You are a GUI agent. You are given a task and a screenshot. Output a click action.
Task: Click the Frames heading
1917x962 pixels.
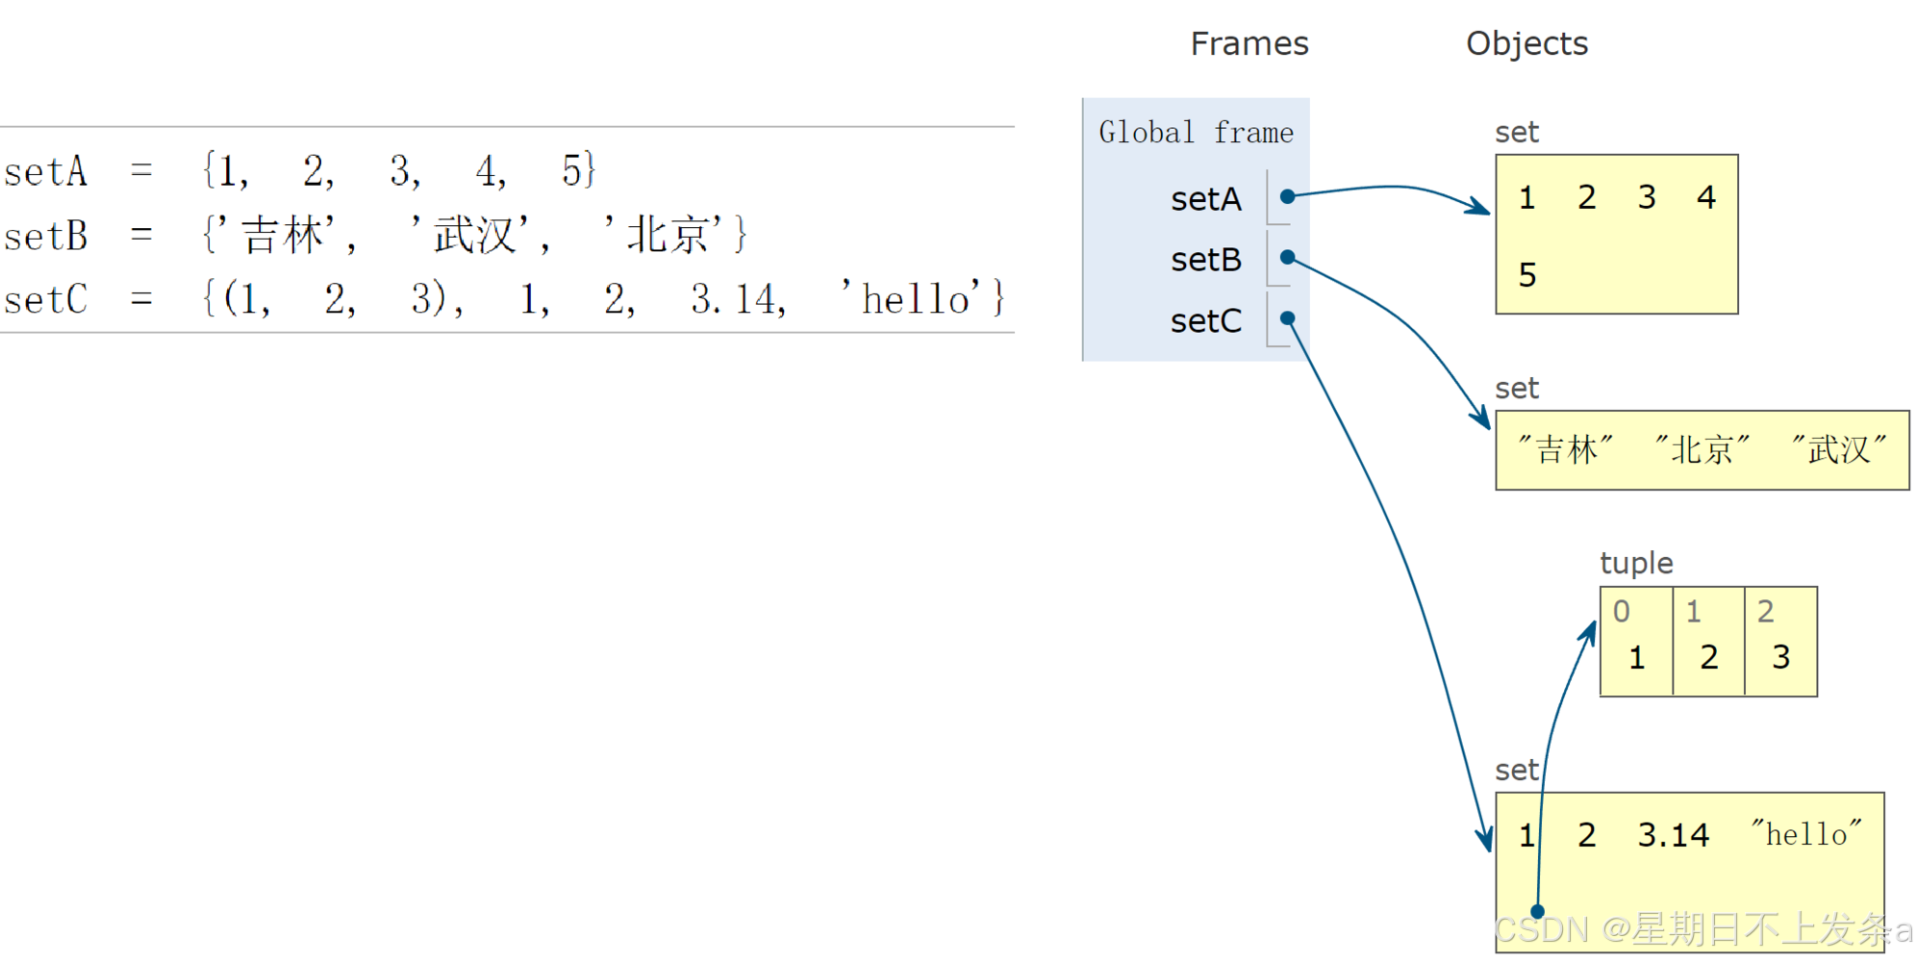[1249, 44]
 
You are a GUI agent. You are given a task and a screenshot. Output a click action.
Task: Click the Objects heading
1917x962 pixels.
[1526, 44]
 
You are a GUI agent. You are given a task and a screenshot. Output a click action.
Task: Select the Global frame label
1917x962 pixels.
[1196, 133]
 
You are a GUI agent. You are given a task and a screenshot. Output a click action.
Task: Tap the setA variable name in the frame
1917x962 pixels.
[1205, 199]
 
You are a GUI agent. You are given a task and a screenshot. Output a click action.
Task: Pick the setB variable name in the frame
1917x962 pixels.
[1205, 260]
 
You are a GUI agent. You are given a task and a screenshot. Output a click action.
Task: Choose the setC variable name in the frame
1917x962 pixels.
[1205, 321]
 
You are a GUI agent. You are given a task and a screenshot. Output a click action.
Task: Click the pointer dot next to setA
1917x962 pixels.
[1287, 196]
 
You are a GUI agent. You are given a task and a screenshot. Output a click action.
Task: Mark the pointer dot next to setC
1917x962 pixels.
[1287, 318]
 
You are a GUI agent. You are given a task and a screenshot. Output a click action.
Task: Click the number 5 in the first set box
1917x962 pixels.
[1526, 276]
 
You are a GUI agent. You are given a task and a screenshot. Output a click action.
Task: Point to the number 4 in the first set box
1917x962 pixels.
[1705, 198]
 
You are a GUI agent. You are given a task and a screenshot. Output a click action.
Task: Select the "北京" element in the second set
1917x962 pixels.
[1702, 449]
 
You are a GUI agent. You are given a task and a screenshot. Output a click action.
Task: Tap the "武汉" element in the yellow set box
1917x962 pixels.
[1838, 449]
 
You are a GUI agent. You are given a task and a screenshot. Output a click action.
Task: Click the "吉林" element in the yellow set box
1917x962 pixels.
[1565, 449]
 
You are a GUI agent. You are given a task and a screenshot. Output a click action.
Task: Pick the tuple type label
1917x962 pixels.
[1635, 564]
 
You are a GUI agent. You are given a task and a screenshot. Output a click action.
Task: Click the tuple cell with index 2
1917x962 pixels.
[1780, 642]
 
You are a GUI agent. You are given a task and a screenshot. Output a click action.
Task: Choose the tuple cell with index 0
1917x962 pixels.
[1636, 642]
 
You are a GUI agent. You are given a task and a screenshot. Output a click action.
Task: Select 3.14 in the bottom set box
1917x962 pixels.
[1673, 835]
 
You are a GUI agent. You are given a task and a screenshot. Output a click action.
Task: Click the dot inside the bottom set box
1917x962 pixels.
[1537, 911]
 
